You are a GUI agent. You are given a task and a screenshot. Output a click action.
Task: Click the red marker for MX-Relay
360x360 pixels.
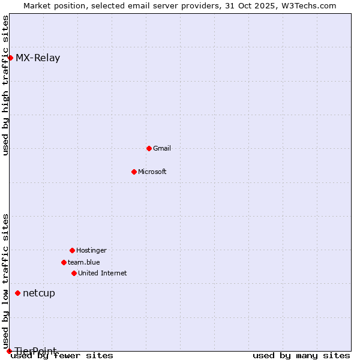[10, 58]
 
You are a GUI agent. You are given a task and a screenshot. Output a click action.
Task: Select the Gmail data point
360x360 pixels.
[149, 148]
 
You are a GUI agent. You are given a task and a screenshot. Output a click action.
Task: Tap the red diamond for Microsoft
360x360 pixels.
[134, 172]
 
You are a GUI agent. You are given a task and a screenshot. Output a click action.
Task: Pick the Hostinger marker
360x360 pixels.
[72, 250]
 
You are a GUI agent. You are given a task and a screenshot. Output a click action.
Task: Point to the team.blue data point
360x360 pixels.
[64, 262]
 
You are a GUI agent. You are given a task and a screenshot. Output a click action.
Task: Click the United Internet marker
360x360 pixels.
[74, 273]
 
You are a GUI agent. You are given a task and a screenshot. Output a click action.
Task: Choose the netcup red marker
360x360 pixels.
[17, 293]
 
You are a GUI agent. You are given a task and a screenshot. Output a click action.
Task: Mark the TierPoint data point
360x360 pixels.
[9, 351]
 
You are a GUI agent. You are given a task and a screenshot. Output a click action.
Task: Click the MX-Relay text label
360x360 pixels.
[38, 58]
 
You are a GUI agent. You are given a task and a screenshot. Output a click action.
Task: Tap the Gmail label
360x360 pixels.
[162, 148]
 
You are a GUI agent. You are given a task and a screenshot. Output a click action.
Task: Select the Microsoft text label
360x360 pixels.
[152, 172]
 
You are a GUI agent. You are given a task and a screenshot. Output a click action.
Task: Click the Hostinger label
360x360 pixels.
[91, 250]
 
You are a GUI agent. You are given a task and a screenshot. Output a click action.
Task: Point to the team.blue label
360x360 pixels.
[84, 262]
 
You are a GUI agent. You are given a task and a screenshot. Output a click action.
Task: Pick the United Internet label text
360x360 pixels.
[103, 273]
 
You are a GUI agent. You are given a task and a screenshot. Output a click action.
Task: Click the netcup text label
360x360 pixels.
[39, 293]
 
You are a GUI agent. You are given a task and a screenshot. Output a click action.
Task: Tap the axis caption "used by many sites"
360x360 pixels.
[301, 356]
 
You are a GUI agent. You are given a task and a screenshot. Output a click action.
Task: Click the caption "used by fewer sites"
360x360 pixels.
[62, 356]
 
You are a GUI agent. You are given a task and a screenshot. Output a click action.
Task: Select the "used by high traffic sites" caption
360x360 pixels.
[6, 85]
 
